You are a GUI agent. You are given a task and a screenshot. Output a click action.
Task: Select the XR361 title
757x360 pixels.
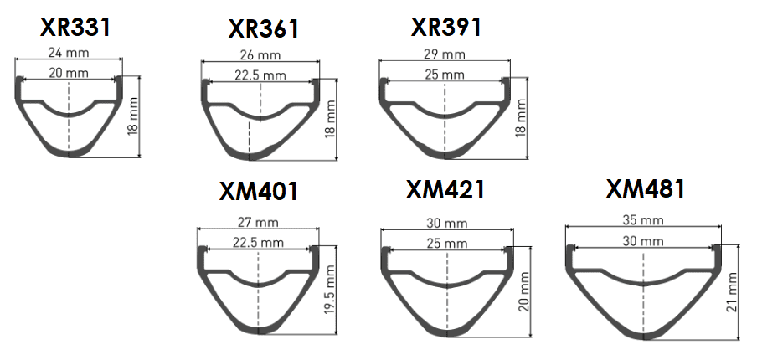point(263,29)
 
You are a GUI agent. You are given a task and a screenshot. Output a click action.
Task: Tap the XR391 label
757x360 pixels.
point(446,27)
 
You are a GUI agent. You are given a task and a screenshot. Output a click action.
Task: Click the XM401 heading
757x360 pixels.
point(258,191)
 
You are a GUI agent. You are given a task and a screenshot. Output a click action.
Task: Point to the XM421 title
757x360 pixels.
point(445,190)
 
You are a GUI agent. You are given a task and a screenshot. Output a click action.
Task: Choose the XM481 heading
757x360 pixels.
point(646,188)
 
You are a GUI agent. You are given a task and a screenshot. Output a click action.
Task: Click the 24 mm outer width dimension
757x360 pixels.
point(70,53)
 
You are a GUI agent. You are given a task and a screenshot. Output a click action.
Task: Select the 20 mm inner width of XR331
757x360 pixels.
point(69,73)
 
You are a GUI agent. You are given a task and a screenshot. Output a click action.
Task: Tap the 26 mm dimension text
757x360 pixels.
point(260,55)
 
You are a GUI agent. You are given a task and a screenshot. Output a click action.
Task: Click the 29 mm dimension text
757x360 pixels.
point(445,54)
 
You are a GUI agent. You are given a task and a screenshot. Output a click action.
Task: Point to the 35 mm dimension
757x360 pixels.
point(643,219)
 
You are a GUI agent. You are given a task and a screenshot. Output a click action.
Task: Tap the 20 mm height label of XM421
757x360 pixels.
point(524,291)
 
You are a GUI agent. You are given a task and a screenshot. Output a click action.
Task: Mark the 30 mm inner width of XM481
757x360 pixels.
point(643,241)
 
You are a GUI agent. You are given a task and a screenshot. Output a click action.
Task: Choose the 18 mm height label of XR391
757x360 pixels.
point(523,118)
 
